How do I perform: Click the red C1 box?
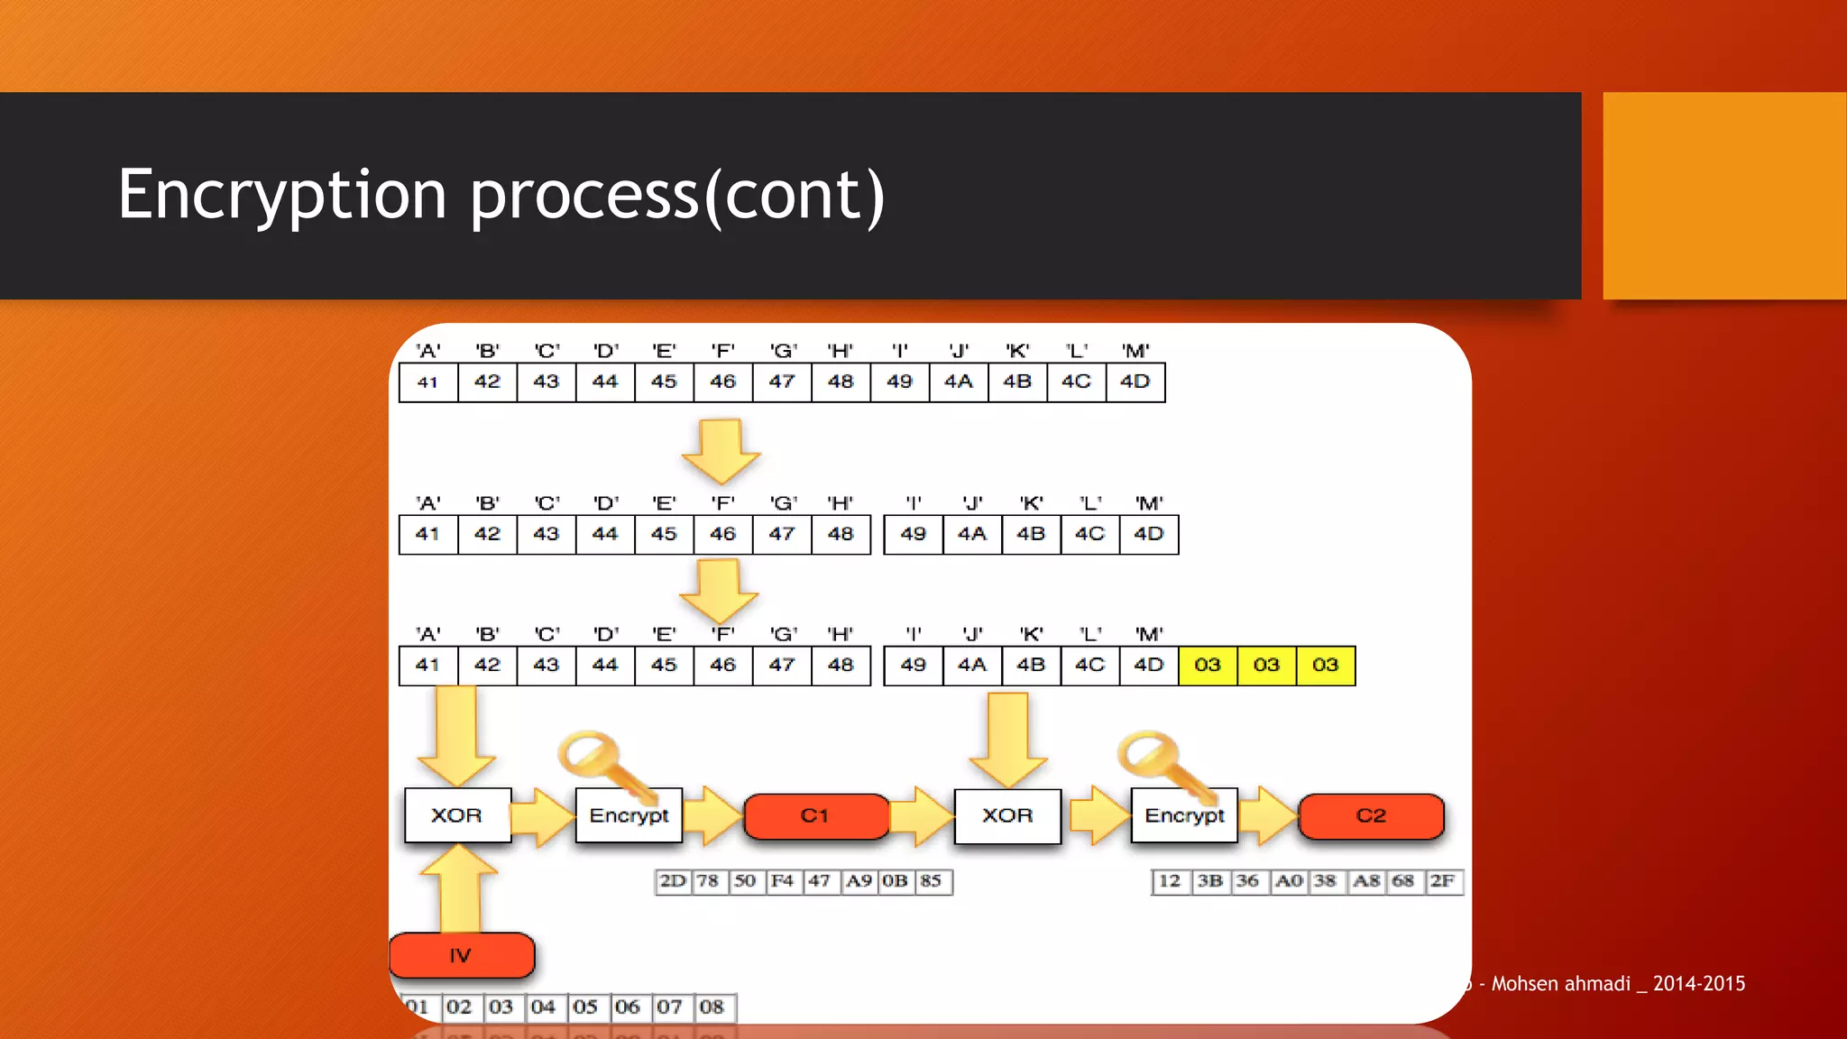pos(815,816)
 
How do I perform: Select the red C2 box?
pos(1371,816)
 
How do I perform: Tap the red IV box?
pos(461,956)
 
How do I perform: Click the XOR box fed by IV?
pos(457,815)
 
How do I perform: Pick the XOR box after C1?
pos(1007,815)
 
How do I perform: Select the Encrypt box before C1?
pos(629,815)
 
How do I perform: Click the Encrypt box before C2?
pos(1184,815)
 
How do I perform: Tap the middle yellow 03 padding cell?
pos(1266,666)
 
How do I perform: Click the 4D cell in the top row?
pos(1135,382)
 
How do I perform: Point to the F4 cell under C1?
pos(782,881)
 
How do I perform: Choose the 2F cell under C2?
pos(1442,881)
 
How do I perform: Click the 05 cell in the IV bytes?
pos(584,1007)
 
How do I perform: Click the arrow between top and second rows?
pos(721,449)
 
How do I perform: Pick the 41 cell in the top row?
pos(427,382)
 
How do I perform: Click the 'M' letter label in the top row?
pos(1135,351)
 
